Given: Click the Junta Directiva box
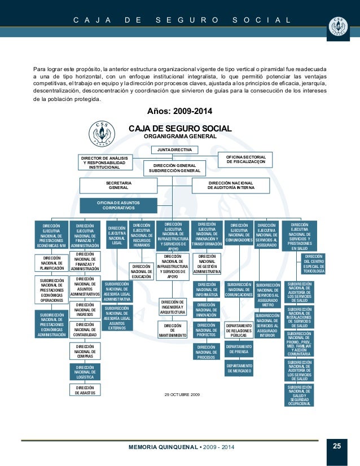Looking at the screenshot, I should click(x=174, y=150).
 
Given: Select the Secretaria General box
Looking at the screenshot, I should click(x=118, y=186).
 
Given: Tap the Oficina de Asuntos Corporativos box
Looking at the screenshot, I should click(x=118, y=205).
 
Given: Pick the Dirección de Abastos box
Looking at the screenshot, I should click(x=85, y=390).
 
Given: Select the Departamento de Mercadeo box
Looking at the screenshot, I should click(x=239, y=368).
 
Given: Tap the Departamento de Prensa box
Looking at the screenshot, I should click(x=239, y=349).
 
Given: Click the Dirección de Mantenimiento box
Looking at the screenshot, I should click(x=173, y=330).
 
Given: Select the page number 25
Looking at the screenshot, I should click(x=337, y=447).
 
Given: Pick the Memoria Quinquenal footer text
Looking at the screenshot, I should click(x=181, y=447).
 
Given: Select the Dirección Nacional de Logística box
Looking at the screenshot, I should click(x=85, y=371).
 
